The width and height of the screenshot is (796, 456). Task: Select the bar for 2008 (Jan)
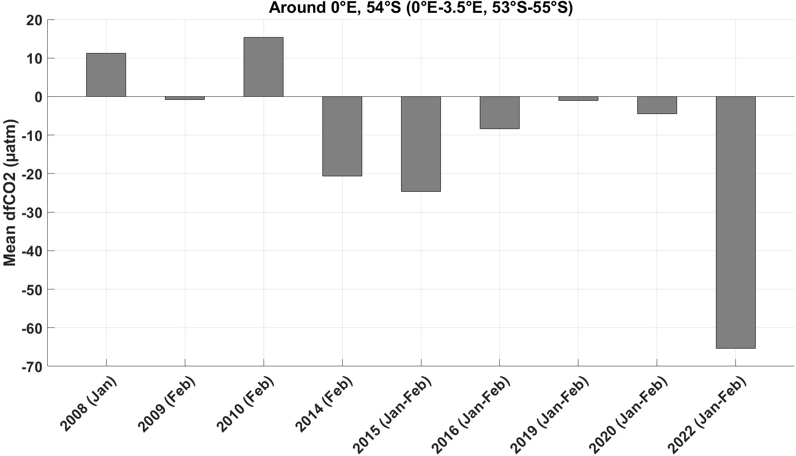[106, 75]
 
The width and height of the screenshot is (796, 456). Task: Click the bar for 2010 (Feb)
[264, 67]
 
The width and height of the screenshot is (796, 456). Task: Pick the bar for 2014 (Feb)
[342, 136]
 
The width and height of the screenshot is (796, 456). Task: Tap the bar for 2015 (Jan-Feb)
[421, 144]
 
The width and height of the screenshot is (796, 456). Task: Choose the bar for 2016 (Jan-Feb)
[500, 113]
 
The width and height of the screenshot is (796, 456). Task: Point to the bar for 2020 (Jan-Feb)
[657, 105]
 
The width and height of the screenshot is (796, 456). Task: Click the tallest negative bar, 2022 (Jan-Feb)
[735, 222]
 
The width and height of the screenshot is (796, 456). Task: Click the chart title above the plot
[421, 8]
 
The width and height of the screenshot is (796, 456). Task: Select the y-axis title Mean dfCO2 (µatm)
[9, 193]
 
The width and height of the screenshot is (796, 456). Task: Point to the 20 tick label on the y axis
[33, 20]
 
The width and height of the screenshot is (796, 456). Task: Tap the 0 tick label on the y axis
[38, 97]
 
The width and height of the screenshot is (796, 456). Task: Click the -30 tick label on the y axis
[30, 213]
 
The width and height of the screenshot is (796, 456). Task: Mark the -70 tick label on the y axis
[30, 366]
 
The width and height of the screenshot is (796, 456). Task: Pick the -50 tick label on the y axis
[30, 289]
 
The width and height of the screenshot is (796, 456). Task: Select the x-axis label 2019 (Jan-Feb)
[550, 414]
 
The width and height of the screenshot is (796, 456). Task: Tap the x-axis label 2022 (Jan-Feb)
[707, 414]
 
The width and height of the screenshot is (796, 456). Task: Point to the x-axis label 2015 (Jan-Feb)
[392, 414]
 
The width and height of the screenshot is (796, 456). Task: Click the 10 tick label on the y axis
[33, 58]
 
